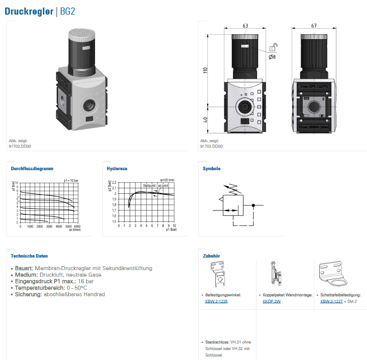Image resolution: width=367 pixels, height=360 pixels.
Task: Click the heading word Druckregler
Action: click(x=29, y=12)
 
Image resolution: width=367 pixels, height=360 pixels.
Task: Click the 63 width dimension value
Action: click(x=245, y=26)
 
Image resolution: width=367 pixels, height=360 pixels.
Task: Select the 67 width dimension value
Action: click(x=314, y=26)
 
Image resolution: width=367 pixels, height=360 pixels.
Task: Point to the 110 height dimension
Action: click(x=205, y=70)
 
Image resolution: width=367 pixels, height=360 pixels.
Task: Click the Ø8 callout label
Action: click(x=272, y=57)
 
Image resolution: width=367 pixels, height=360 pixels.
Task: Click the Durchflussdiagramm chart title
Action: click(x=32, y=169)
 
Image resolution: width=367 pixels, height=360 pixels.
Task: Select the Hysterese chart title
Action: click(x=117, y=169)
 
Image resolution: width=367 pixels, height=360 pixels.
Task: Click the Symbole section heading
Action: click(x=211, y=169)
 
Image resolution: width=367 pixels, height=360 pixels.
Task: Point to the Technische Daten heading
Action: click(x=29, y=256)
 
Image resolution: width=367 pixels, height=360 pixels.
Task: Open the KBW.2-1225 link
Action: click(x=216, y=302)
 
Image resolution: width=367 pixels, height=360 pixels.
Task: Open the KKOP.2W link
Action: click(x=272, y=302)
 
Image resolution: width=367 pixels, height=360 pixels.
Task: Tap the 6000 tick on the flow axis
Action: click(x=77, y=226)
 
